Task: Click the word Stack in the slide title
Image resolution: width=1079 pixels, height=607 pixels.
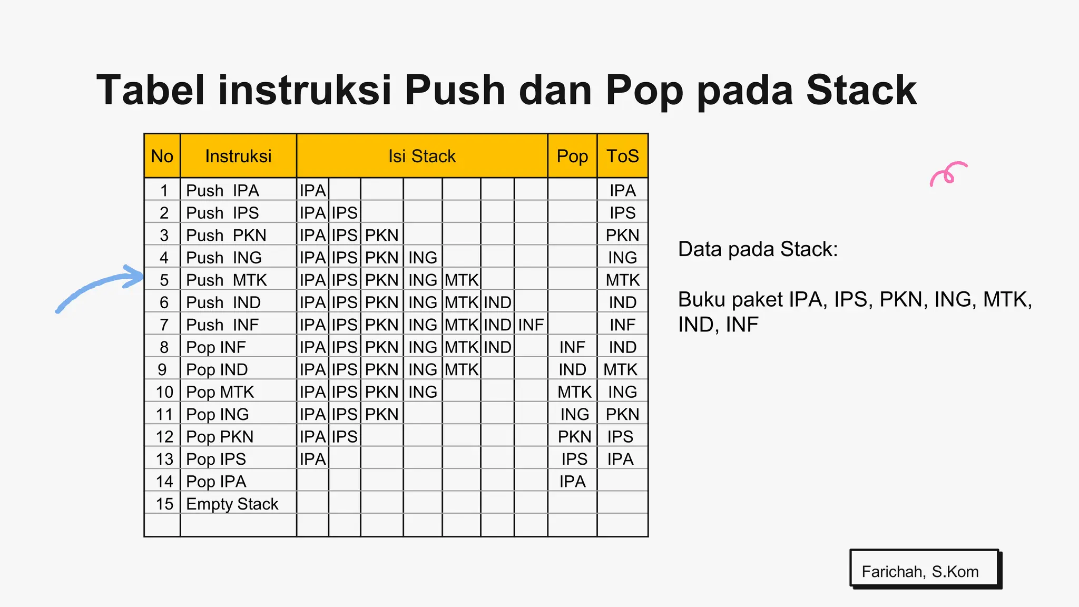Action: [x=861, y=90]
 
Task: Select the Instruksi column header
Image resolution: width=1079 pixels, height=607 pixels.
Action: [x=238, y=156]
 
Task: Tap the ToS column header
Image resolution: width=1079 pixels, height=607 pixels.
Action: [x=622, y=156]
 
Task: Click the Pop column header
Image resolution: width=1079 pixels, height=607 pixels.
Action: [x=572, y=156]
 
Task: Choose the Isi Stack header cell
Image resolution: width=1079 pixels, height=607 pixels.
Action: [x=421, y=156]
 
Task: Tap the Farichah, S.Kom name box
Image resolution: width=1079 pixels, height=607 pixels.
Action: [x=925, y=569]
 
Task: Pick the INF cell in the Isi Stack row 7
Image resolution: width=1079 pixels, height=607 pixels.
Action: [x=531, y=325]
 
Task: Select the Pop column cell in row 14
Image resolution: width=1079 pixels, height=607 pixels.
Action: [x=572, y=482]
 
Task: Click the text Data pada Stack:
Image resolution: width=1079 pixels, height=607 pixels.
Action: [x=758, y=249]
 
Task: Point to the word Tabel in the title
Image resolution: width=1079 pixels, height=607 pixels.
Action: [x=150, y=90]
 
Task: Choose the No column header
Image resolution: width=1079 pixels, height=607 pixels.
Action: [x=162, y=156]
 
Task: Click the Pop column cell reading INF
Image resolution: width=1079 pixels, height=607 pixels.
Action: [x=572, y=347]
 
